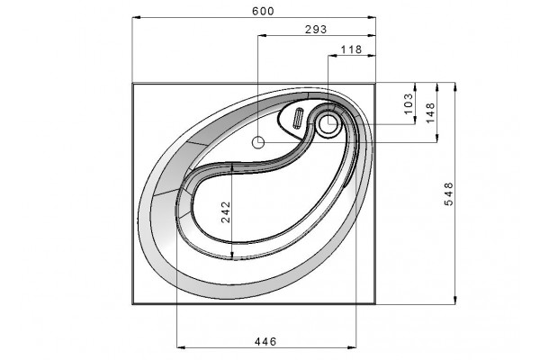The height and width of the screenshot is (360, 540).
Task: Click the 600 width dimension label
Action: click(263, 12)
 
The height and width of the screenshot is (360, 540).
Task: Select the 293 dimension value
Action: click(316, 30)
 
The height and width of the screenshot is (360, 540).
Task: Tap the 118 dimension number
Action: click(351, 49)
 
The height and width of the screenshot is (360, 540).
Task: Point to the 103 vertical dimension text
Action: click(408, 103)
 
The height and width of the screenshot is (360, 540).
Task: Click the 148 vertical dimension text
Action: click(430, 112)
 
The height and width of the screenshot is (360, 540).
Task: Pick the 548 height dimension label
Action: click(449, 194)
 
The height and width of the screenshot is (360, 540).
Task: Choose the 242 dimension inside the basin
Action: click(226, 211)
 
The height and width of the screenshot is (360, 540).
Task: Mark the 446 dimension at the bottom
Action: click(265, 342)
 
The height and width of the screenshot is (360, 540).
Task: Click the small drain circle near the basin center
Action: click(258, 142)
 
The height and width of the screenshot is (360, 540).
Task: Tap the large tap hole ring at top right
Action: click(328, 124)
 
